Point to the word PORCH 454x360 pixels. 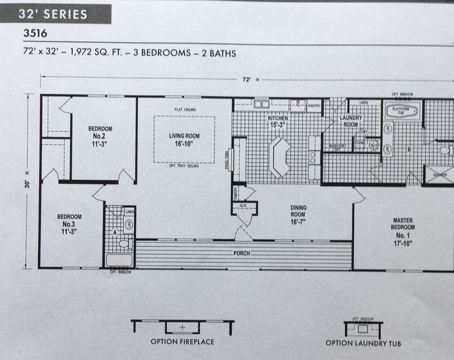pyautogui.click(x=241, y=252)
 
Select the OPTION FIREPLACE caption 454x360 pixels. pyautogui.click(x=182, y=342)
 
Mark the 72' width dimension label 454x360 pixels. pyautogui.click(x=246, y=80)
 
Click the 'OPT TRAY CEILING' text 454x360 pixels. pyautogui.click(x=184, y=166)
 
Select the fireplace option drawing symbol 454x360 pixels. pyautogui.click(x=182, y=327)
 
